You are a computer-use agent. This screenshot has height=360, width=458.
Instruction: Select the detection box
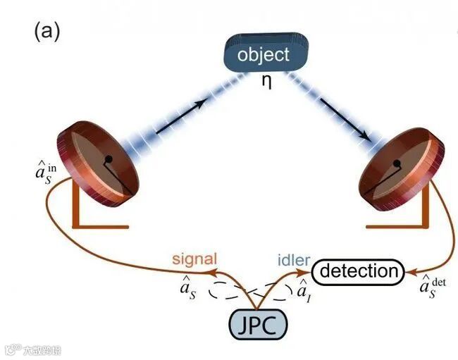tap(359, 271)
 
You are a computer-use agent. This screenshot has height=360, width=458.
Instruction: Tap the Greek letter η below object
tap(266, 81)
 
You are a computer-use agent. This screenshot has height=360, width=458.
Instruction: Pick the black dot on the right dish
tap(397, 165)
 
